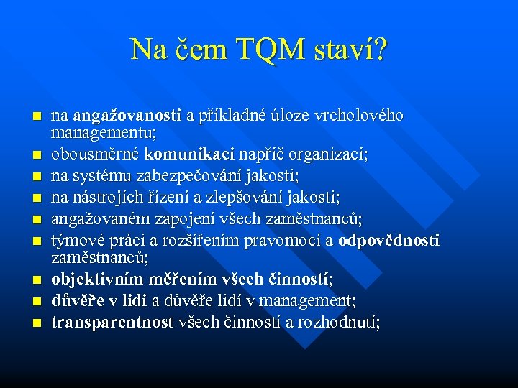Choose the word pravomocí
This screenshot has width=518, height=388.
pyautogui.click(x=286, y=240)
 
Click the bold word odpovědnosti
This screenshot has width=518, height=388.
pyautogui.click(x=388, y=240)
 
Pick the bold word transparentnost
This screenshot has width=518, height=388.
pyautogui.click(x=112, y=321)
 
